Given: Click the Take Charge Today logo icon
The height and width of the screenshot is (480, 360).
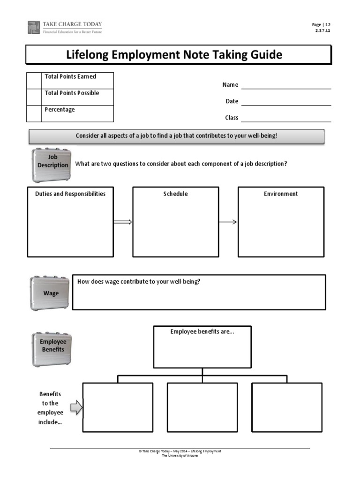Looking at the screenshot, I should click(34, 27).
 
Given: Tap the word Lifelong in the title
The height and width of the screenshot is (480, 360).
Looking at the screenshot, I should click(88, 55).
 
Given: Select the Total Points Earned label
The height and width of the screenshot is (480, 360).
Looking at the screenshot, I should click(70, 76).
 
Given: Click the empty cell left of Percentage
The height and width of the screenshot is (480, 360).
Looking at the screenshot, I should click(34, 113).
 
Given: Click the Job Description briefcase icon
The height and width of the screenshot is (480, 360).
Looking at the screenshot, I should click(52, 165).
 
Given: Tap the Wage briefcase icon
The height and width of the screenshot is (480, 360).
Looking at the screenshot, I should click(51, 293).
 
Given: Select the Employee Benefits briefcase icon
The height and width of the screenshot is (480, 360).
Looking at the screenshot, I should click(52, 349).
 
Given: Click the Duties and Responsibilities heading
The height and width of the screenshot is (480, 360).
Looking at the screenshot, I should click(70, 194).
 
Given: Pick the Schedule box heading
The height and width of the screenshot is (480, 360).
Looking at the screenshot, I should click(175, 194).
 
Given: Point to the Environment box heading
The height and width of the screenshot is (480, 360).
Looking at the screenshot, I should click(281, 194).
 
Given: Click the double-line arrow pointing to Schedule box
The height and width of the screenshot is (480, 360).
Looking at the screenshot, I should click(123, 222).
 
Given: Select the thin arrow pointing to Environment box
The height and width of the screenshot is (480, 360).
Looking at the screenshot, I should click(228, 222).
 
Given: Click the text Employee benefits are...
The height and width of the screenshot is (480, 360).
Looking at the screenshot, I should click(202, 332).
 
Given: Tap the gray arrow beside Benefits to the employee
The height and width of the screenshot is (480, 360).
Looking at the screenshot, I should click(76, 408).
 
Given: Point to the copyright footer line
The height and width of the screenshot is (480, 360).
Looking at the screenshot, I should click(180, 451).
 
